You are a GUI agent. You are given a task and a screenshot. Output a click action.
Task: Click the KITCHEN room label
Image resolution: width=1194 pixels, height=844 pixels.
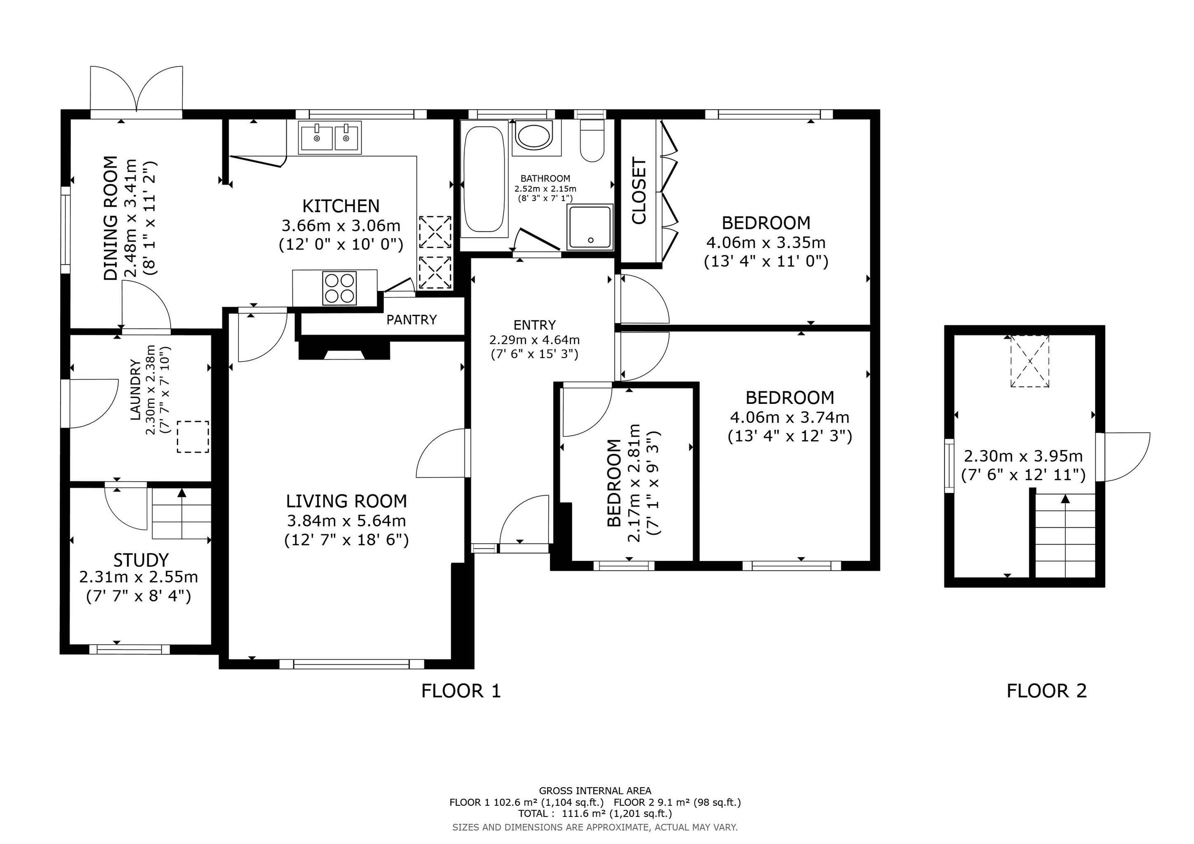340,206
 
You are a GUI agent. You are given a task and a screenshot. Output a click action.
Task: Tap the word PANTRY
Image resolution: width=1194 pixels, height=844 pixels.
411,319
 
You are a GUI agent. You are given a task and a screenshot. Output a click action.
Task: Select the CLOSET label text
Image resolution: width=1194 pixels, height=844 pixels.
639,191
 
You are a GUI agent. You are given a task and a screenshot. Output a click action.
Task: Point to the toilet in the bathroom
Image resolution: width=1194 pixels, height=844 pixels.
592,140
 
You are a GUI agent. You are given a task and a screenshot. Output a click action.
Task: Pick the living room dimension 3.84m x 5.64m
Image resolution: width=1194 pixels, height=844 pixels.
347,520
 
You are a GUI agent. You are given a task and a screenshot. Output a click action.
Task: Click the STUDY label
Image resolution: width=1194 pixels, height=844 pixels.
141,560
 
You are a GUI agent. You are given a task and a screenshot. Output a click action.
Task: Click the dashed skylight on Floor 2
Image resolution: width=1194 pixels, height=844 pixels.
1030,361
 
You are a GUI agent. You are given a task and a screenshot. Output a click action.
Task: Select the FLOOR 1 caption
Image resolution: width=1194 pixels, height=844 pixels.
461,691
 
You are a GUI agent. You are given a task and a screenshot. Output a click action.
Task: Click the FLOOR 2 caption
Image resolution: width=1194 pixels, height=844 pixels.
1046,691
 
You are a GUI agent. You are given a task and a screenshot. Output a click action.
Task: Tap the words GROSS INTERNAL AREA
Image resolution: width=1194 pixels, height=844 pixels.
595,791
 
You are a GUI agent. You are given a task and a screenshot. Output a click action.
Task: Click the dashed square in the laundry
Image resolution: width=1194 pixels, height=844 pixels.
193,437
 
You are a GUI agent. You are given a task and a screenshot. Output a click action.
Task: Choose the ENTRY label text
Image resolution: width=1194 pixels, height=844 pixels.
535,325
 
